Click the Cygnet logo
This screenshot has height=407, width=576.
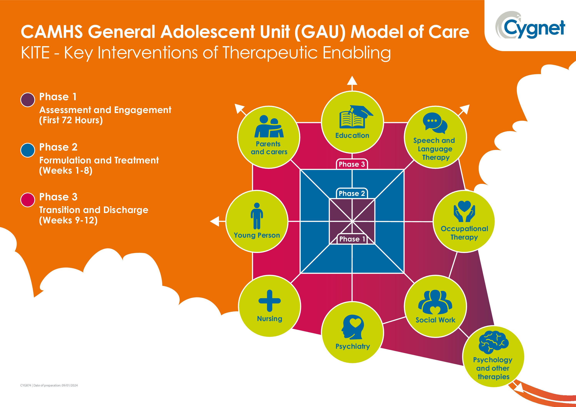(530, 26)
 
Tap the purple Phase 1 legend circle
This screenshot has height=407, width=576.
(28, 100)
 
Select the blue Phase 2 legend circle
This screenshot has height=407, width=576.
(28, 150)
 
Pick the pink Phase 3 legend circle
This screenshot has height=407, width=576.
(28, 200)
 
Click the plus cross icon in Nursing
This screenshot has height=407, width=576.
(269, 300)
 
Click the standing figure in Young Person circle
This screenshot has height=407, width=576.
(257, 216)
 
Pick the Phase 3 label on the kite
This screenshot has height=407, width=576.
(352, 164)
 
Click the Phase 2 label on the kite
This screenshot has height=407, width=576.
(352, 193)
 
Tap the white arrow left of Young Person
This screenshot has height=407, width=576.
(215, 221)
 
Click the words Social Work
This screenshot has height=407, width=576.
(435, 320)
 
